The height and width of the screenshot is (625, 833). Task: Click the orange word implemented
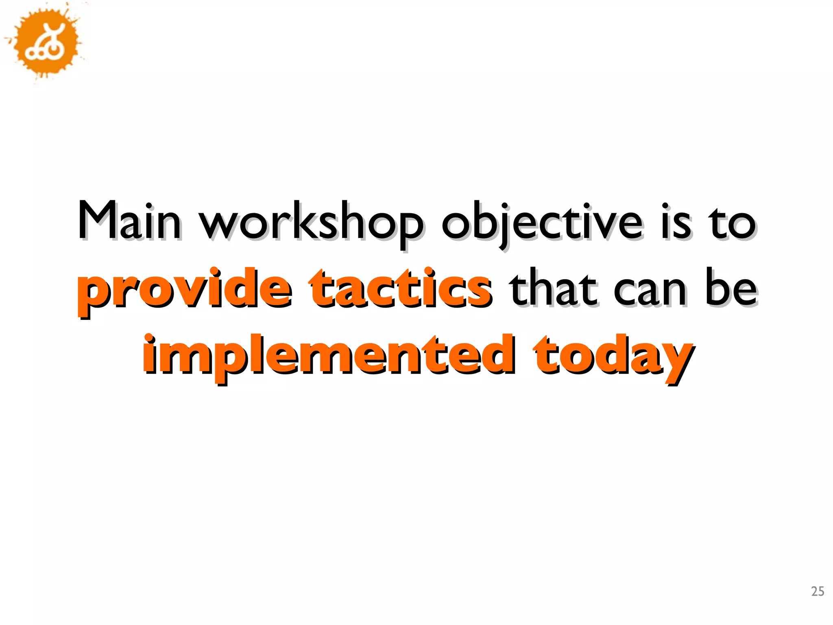(328, 356)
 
